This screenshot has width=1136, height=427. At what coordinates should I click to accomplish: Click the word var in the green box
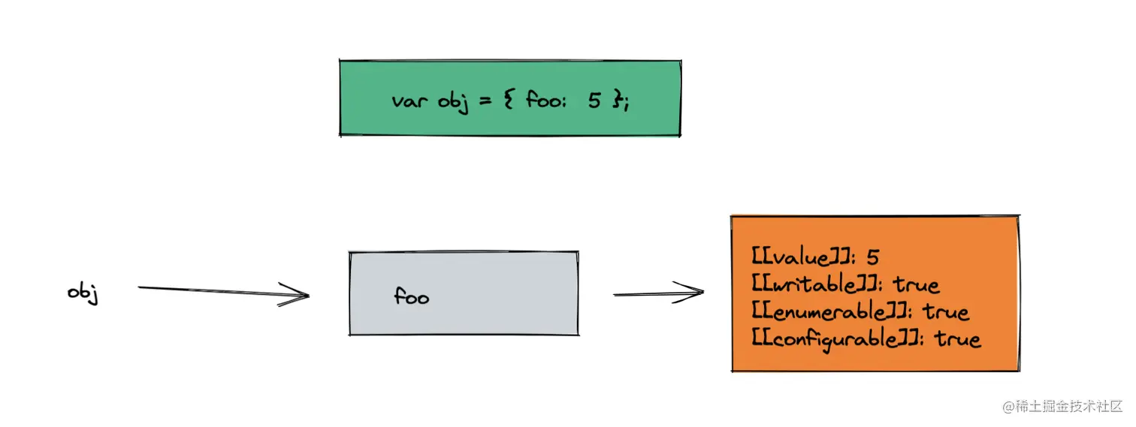(411, 101)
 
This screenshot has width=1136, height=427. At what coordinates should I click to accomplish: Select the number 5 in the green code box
(595, 101)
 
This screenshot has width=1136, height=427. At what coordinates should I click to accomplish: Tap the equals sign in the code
(485, 101)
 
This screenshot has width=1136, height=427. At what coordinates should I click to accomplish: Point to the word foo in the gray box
(411, 296)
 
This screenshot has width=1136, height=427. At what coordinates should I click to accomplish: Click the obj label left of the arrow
(83, 293)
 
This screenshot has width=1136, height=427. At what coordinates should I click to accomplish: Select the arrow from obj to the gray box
(224, 291)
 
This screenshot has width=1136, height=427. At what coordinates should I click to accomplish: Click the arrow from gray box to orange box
(658, 293)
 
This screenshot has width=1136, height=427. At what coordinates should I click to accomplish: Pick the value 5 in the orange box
(872, 257)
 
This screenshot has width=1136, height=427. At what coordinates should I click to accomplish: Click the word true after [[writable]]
(917, 284)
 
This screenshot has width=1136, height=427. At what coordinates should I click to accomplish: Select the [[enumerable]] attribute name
(826, 311)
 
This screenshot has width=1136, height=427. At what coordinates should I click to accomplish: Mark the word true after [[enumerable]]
(947, 311)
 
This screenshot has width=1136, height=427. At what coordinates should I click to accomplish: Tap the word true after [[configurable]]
(958, 339)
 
